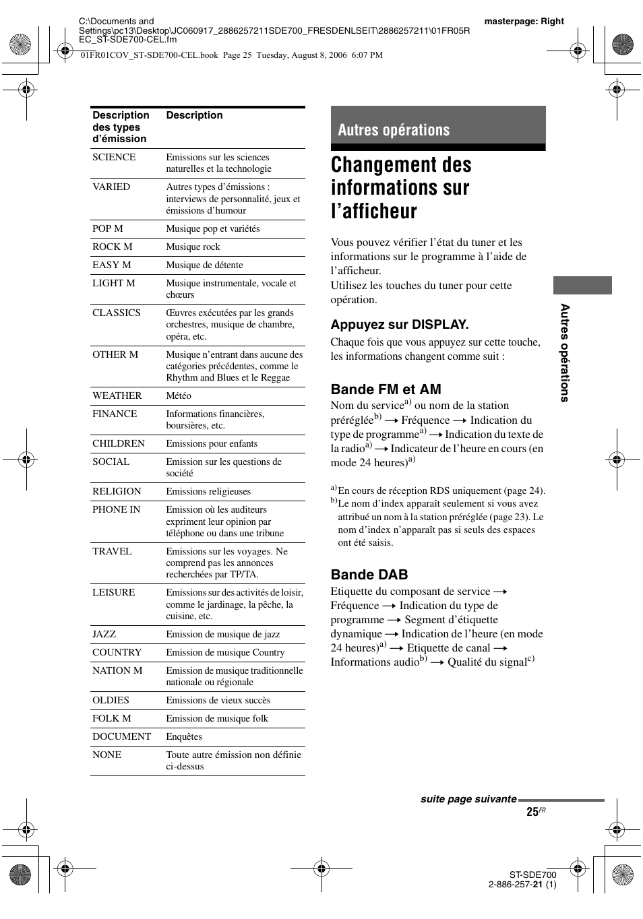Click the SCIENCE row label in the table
(114, 158)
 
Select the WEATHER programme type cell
(117, 396)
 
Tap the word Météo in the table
(179, 396)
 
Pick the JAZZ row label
(104, 635)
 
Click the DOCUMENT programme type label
(121, 737)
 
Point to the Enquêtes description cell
(184, 737)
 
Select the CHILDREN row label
(119, 444)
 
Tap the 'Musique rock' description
(193, 247)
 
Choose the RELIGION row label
(117, 492)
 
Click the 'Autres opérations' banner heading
(394, 130)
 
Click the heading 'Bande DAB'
(369, 575)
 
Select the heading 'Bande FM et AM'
(386, 389)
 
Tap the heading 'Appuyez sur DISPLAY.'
(400, 325)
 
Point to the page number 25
(532, 812)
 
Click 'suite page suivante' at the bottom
(468, 799)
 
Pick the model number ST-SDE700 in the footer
(532, 875)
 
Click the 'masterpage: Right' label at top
(524, 22)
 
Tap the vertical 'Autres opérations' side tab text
(565, 352)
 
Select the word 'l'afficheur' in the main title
(374, 212)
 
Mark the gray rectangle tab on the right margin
(582, 285)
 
